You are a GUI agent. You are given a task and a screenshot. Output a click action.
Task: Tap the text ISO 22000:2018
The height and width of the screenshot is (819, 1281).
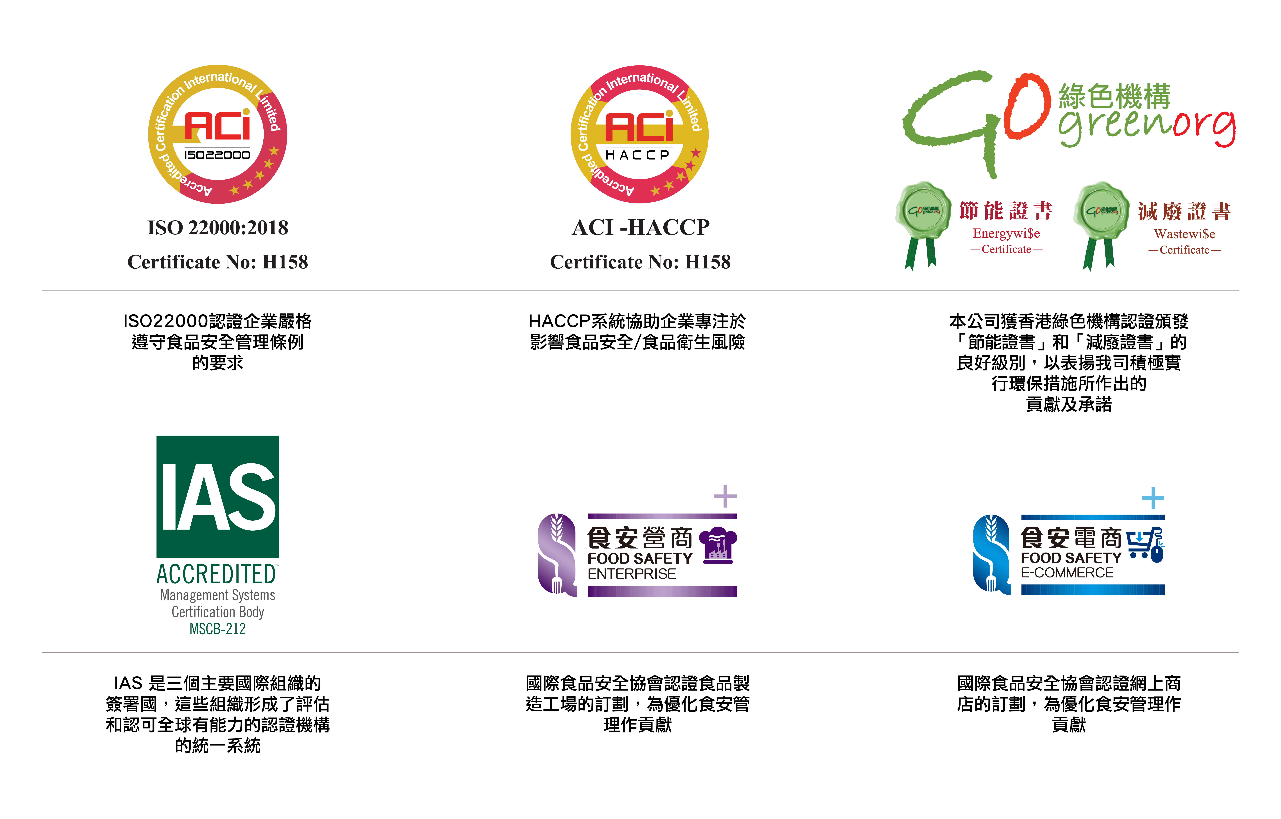(218, 228)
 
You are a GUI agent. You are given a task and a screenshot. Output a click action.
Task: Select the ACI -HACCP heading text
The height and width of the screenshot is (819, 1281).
(640, 228)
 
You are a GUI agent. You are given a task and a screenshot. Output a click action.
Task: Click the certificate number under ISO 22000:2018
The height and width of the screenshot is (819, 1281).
(218, 262)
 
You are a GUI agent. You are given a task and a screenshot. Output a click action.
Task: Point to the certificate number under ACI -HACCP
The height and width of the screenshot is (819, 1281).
(640, 262)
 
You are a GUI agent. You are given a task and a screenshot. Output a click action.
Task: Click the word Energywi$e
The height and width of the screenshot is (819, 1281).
(1006, 233)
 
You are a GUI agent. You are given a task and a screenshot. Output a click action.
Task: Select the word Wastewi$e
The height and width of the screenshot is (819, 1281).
(1185, 234)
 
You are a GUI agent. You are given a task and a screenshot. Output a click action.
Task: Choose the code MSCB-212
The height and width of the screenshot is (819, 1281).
(218, 629)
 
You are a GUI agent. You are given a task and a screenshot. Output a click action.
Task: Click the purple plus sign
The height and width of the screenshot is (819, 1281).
(725, 496)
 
